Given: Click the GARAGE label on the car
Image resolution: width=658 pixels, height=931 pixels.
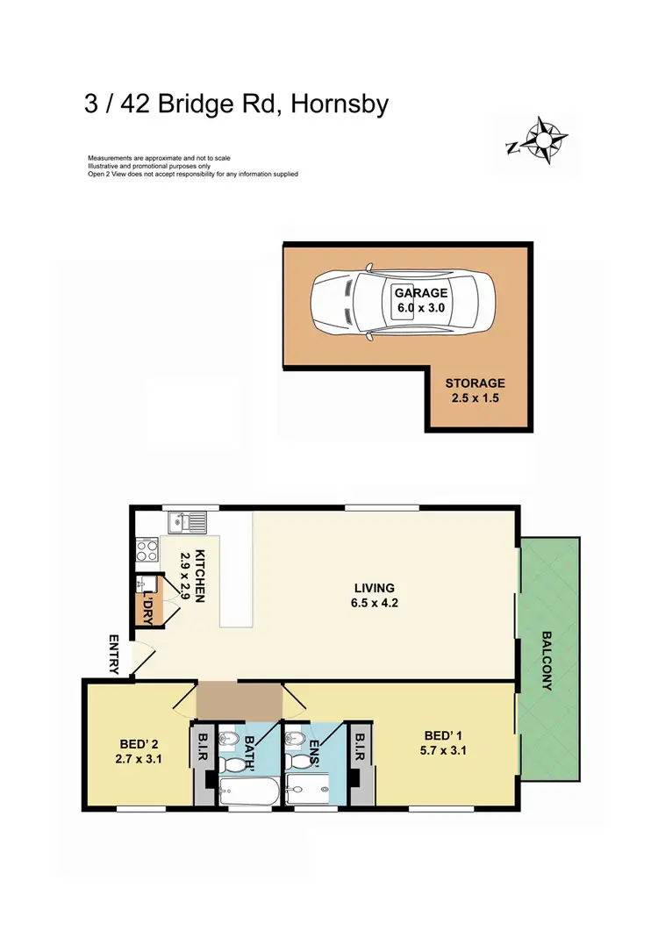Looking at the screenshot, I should [420, 293].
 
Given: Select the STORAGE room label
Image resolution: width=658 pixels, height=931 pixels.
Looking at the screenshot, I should [475, 383].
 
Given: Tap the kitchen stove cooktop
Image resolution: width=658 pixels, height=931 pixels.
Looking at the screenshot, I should [147, 552].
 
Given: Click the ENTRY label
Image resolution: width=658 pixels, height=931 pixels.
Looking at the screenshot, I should [114, 654].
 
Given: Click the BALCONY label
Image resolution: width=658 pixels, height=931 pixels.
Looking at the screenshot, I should [547, 660].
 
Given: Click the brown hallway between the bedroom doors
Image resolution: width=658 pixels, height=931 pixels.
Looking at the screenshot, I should [238, 701].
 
